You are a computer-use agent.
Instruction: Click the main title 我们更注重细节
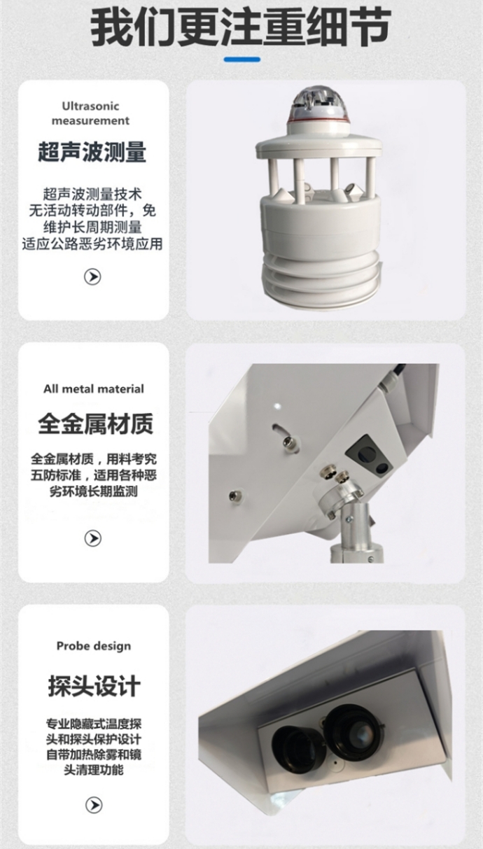coord(241,29)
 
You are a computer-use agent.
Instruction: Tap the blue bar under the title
coord(242,59)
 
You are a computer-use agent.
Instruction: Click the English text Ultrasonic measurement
coord(90,113)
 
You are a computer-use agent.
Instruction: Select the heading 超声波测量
coord(92,152)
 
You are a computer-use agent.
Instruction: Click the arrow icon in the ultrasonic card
coord(92,276)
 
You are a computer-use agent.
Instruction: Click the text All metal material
coord(94,389)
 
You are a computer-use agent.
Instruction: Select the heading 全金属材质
coord(95,423)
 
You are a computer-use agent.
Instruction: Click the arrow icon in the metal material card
coord(93,538)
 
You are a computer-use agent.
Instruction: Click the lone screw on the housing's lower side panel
coord(234,495)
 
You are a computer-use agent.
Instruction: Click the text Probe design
coord(94,646)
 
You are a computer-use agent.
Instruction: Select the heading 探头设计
coord(94,685)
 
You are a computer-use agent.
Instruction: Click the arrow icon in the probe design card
coord(94,805)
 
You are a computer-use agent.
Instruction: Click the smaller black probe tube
coord(299,748)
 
